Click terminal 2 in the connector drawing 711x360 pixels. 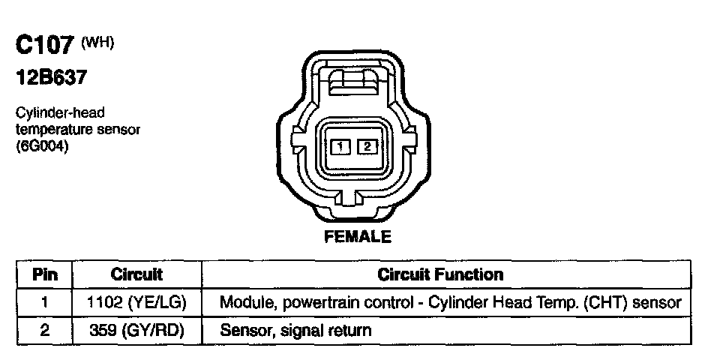[366, 147]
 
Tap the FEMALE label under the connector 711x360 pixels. [358, 238]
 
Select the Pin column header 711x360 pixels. [45, 274]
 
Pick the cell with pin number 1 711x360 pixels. [45, 302]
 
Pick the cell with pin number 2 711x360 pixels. [45, 329]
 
